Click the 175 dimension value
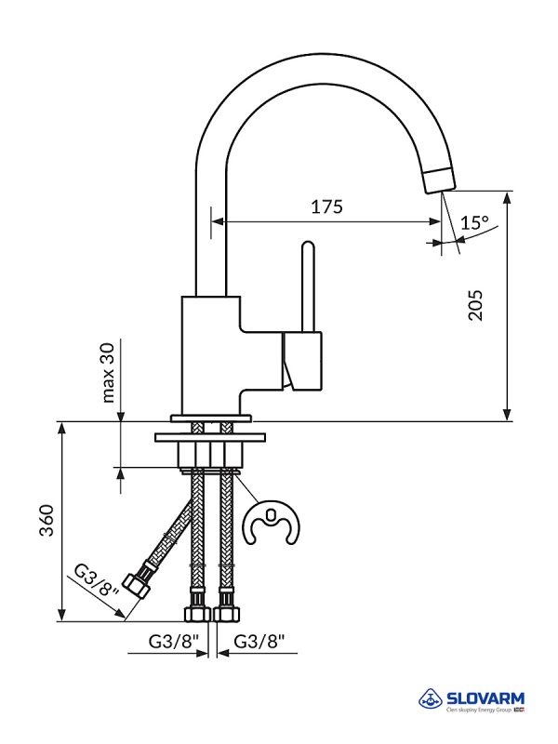(327, 207)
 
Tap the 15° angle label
(474, 223)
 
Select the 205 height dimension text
(476, 304)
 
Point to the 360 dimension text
(47, 521)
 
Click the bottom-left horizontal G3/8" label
(174, 641)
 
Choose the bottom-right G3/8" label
(259, 641)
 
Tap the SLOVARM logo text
(485, 697)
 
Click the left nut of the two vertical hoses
(196, 614)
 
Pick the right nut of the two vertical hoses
(225, 614)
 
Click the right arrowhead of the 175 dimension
(436, 221)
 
